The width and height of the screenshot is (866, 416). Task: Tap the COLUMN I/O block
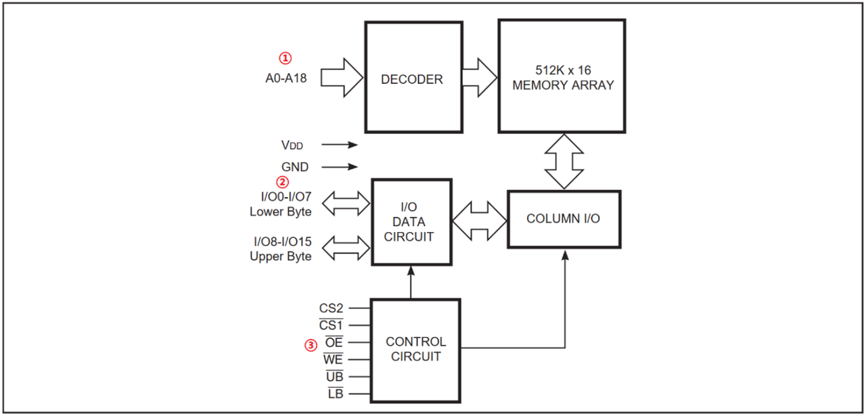click(563, 219)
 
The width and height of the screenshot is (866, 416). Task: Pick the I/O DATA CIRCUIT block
click(411, 221)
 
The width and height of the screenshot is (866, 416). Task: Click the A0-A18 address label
click(286, 78)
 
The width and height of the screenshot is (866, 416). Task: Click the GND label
click(295, 166)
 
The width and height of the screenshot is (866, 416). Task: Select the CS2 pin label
click(332, 308)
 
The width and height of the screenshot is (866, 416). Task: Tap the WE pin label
click(334, 360)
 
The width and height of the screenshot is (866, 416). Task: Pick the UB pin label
click(334, 377)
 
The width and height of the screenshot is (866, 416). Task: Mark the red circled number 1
click(286, 58)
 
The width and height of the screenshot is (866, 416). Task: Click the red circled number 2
click(283, 181)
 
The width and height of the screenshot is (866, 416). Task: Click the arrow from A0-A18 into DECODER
click(342, 77)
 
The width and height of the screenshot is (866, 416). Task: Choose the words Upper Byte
click(281, 256)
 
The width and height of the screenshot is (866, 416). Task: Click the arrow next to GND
click(340, 166)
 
